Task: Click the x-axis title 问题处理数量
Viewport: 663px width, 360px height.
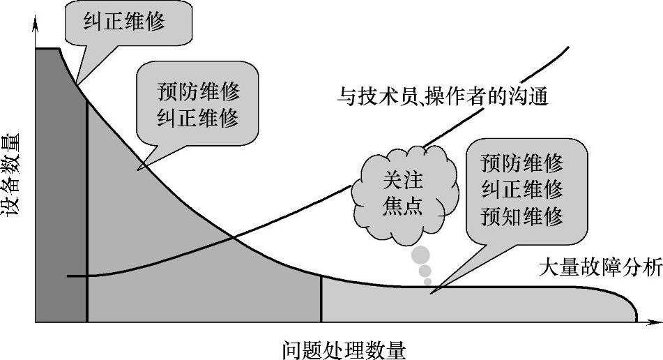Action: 345,347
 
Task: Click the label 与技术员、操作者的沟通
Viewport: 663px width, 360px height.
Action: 443,95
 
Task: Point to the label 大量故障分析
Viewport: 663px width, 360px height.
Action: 600,270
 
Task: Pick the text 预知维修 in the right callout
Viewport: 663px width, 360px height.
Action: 521,217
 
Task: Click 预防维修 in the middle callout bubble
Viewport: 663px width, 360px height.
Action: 199,92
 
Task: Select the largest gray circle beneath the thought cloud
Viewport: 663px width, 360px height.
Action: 420,255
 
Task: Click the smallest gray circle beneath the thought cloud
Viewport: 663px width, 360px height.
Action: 428,282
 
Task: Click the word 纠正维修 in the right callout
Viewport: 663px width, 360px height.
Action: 521,190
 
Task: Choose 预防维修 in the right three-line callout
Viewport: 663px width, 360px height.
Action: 521,163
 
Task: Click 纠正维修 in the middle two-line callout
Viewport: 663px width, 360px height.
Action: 199,117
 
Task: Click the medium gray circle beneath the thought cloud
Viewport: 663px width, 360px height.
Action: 425,271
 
